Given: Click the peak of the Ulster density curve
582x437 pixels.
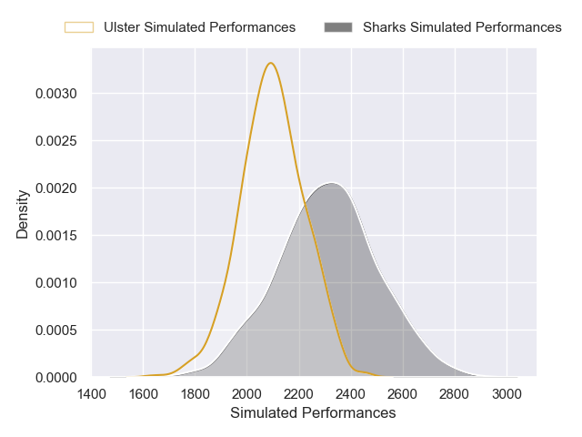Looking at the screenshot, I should [x=271, y=63].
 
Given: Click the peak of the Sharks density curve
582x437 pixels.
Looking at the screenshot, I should [x=331, y=183].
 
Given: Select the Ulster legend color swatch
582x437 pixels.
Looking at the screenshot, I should [x=78, y=27].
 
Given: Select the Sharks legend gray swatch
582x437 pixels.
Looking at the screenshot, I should [x=337, y=27].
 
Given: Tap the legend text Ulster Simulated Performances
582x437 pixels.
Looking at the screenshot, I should [x=199, y=27].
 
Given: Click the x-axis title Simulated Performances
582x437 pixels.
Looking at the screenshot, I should [x=313, y=413].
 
